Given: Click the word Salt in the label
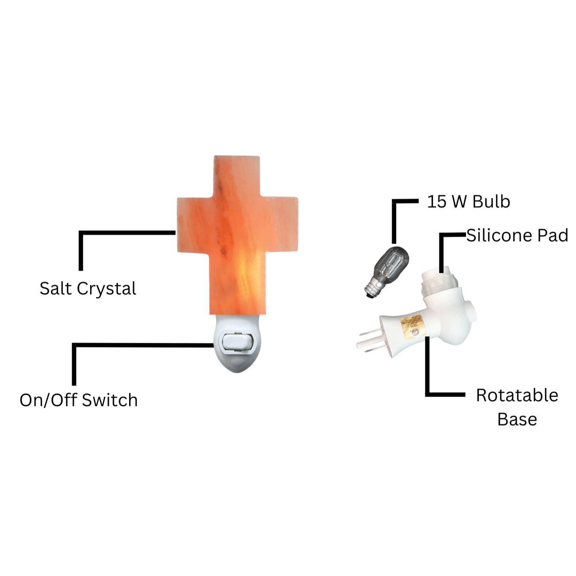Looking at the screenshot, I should (55, 289).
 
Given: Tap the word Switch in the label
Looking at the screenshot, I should (110, 400).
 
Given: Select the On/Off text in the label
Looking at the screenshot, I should (48, 400).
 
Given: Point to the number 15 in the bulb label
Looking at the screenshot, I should (436, 202).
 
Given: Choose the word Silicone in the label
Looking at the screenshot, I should (499, 236).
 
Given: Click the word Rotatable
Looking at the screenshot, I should (517, 395).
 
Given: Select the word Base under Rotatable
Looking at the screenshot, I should (517, 419).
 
